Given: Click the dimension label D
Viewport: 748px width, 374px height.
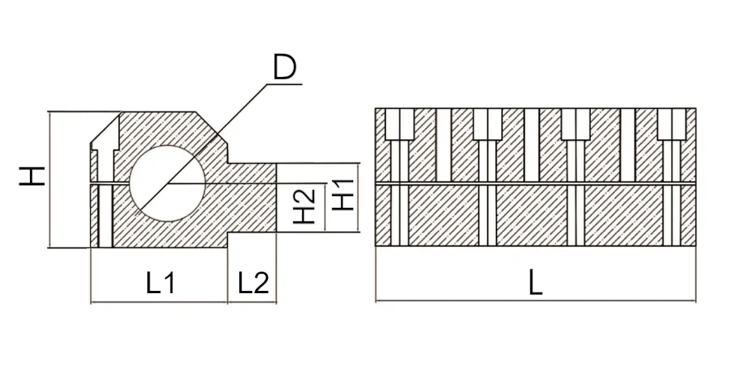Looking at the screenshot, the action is [285, 67].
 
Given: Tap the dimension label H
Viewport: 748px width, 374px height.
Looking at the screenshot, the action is [32, 176].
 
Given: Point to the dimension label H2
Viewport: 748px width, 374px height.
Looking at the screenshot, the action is [304, 206].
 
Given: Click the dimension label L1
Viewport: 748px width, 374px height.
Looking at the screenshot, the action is [160, 283].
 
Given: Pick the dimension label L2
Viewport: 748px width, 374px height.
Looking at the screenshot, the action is [254, 283].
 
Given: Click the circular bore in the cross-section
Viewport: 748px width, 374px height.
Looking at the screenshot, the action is [168, 183].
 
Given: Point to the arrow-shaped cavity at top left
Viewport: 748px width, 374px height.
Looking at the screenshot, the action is [105, 139].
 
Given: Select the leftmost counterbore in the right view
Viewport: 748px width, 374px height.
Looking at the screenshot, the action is [399, 124].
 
